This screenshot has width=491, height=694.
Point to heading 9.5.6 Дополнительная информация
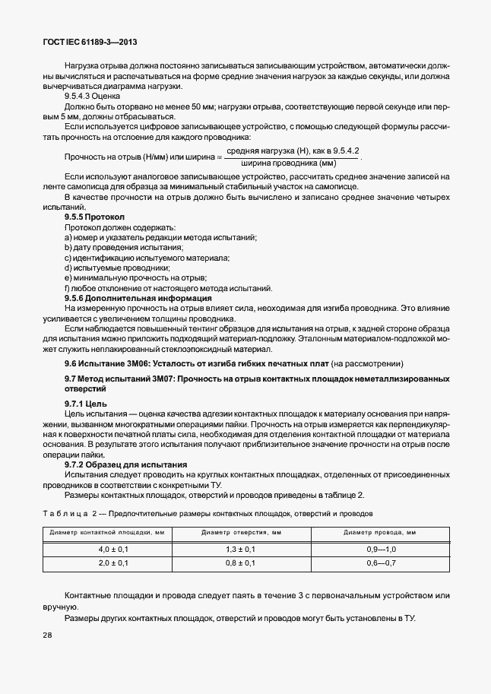(x=127, y=298)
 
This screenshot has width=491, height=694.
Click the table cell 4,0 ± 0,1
(x=114, y=549)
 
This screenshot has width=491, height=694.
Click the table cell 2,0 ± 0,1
(x=114, y=563)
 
